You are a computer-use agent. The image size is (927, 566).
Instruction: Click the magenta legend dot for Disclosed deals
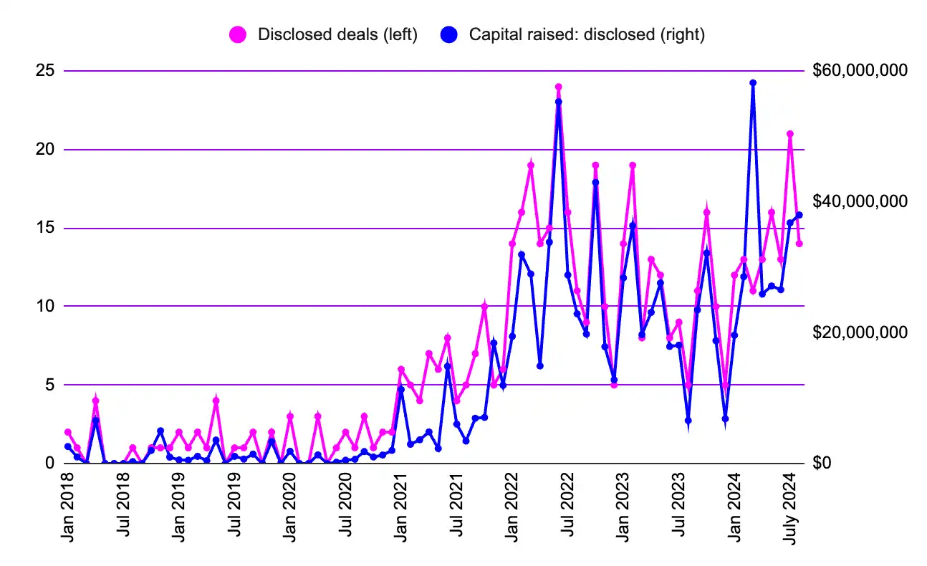click(x=237, y=34)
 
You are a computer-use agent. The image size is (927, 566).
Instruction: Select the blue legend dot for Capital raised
click(x=449, y=34)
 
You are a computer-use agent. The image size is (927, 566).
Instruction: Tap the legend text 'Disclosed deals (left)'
click(x=337, y=34)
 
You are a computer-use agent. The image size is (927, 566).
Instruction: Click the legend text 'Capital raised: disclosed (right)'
click(x=587, y=34)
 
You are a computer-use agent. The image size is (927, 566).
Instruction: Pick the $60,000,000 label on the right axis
click(x=860, y=71)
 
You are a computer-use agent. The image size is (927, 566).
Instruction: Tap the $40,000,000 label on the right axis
click(x=860, y=201)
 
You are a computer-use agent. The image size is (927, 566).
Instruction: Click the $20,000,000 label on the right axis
click(x=860, y=332)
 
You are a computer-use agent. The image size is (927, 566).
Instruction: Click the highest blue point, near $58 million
click(x=753, y=83)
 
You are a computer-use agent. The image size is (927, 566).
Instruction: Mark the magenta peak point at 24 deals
click(x=558, y=87)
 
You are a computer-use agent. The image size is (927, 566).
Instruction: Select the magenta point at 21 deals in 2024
click(x=790, y=134)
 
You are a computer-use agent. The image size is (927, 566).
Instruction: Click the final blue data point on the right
click(x=799, y=215)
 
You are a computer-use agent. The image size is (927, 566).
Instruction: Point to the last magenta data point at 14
click(x=799, y=244)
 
